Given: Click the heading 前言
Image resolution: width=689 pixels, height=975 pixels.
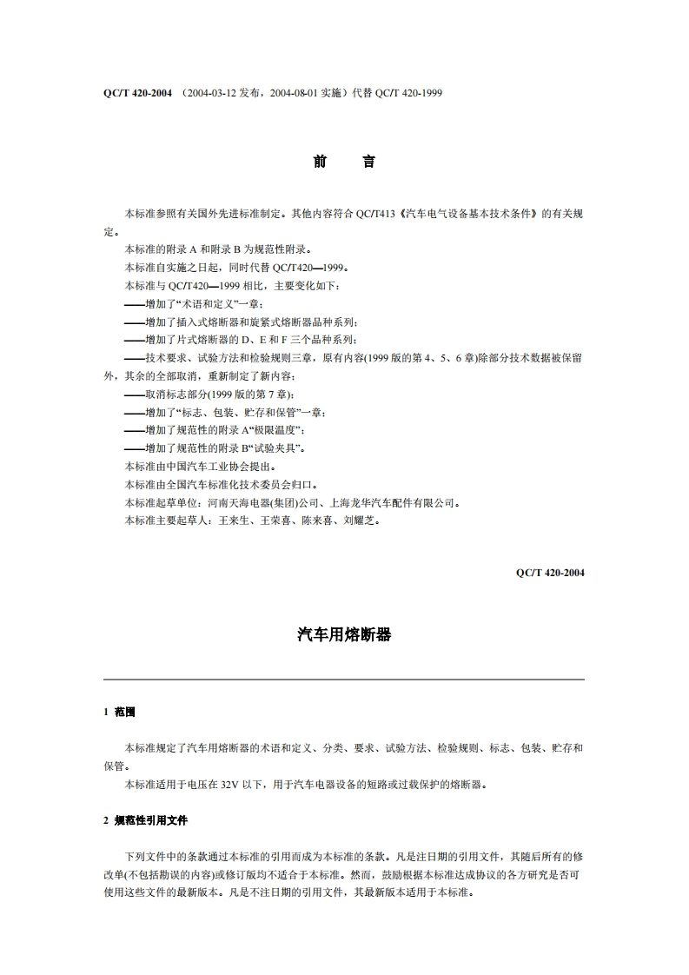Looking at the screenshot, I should tap(344, 162).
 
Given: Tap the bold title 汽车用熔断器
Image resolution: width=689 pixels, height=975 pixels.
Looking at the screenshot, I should tap(344, 635).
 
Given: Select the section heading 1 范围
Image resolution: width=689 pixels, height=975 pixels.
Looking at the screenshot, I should tap(119, 712).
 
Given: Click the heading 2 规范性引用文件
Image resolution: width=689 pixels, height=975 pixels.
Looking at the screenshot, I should tap(144, 819).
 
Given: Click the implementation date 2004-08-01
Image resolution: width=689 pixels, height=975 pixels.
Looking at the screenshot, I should tap(288, 92).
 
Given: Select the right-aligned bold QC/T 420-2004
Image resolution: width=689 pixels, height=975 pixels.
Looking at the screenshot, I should tap(549, 573).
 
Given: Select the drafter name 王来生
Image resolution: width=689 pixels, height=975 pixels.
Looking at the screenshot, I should tap(234, 521).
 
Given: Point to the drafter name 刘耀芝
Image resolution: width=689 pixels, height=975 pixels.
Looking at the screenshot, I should tap(359, 521).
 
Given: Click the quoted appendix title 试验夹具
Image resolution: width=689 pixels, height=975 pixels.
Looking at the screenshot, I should tap(275, 448).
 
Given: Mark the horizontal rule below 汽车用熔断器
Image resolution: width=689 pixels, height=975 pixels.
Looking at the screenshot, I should tap(344, 679).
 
